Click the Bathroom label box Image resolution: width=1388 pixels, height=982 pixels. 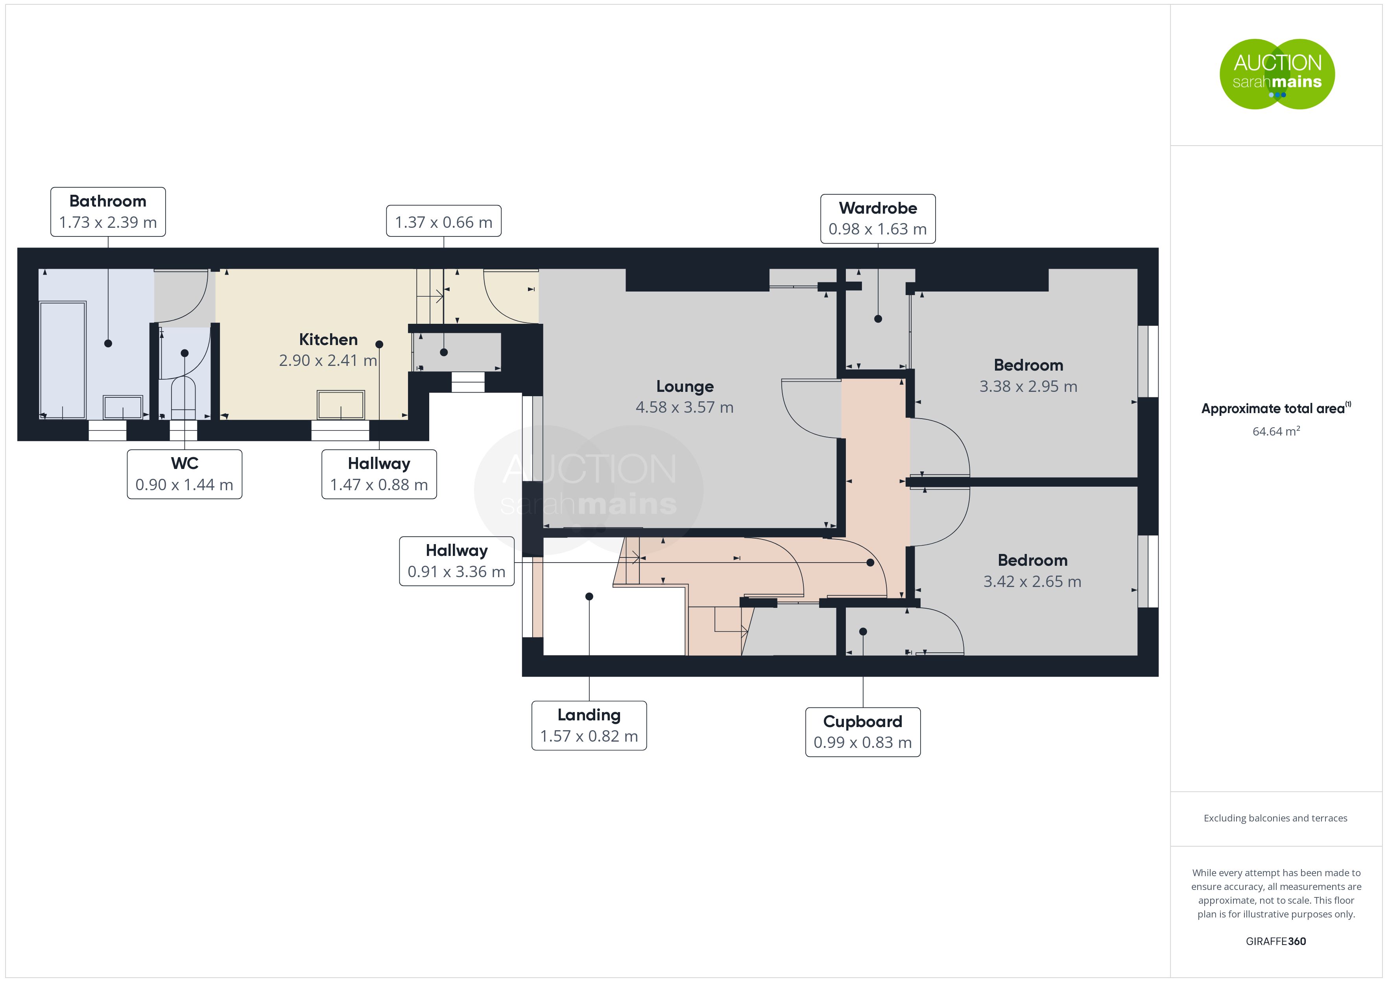click(108, 212)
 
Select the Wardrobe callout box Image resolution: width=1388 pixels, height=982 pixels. click(878, 218)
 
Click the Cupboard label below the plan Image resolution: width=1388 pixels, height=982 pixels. click(863, 732)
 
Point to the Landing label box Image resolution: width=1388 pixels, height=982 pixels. click(589, 725)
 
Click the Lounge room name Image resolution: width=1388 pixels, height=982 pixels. click(685, 386)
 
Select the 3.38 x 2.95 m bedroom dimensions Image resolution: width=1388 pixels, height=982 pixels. click(1028, 386)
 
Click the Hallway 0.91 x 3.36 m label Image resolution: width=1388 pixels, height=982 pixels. click(456, 561)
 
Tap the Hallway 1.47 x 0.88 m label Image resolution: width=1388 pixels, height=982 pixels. click(379, 474)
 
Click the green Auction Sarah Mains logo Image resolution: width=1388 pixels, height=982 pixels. click(1277, 74)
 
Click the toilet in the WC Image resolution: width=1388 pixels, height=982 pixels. click(184, 398)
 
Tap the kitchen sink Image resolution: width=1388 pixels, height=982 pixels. click(341, 404)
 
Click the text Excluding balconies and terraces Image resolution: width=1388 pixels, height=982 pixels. click(1275, 818)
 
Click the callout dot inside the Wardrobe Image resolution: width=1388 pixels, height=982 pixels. click(878, 319)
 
